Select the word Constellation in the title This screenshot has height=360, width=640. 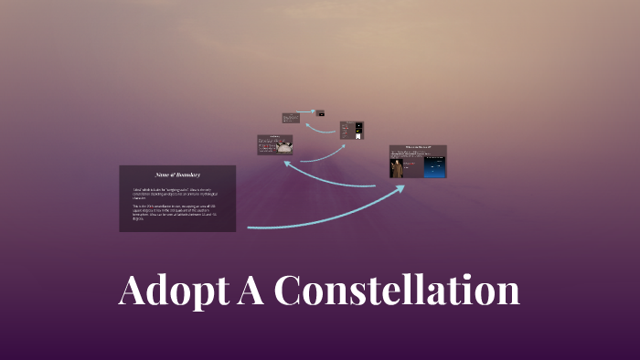pos(397,291)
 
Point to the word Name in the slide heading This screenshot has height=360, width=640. pos(164,174)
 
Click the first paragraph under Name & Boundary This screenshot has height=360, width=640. pos(176,193)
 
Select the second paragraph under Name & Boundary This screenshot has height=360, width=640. pos(176,212)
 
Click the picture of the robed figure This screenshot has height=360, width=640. pos(398,168)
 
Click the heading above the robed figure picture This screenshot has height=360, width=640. pos(419,147)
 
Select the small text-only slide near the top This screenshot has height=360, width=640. pos(291,118)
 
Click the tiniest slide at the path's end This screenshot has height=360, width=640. pos(321,113)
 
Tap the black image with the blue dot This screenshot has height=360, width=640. pos(358,125)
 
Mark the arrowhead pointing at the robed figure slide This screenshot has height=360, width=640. pos(400,187)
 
